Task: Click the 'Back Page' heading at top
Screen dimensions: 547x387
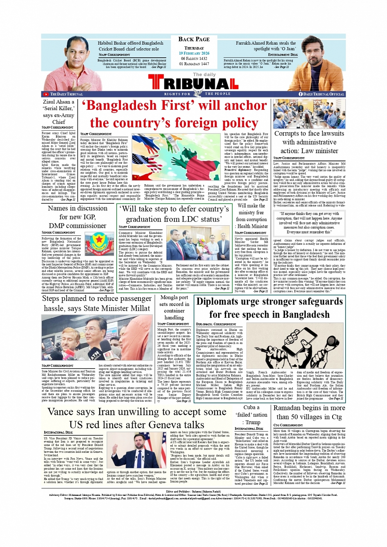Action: [x=194, y=39]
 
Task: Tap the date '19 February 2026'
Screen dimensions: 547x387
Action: [x=194, y=53]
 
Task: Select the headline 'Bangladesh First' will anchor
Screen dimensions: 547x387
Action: [x=174, y=114]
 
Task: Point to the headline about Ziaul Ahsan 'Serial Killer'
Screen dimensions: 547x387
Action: [x=59, y=111]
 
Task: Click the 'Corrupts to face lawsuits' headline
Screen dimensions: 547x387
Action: [x=309, y=142]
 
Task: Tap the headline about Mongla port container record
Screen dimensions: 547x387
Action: [x=174, y=307]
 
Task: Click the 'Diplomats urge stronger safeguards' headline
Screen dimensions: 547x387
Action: [x=269, y=308]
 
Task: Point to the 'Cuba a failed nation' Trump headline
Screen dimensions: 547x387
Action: [x=251, y=415]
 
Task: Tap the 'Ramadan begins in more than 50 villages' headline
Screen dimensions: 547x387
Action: [x=309, y=412]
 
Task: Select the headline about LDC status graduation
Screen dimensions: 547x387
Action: [x=174, y=214]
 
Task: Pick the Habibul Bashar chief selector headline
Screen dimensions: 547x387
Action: [x=130, y=46]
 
